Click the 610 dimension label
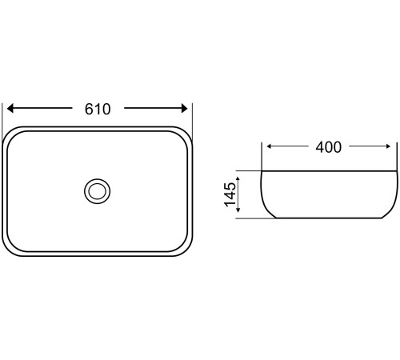98,109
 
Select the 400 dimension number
328,147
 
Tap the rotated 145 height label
230,194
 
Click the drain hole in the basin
98,191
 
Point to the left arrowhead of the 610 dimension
10,108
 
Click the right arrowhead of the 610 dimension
185,108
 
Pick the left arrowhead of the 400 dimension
270,146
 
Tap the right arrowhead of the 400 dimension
388,146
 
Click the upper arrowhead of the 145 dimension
238,179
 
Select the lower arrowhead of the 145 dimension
238,210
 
